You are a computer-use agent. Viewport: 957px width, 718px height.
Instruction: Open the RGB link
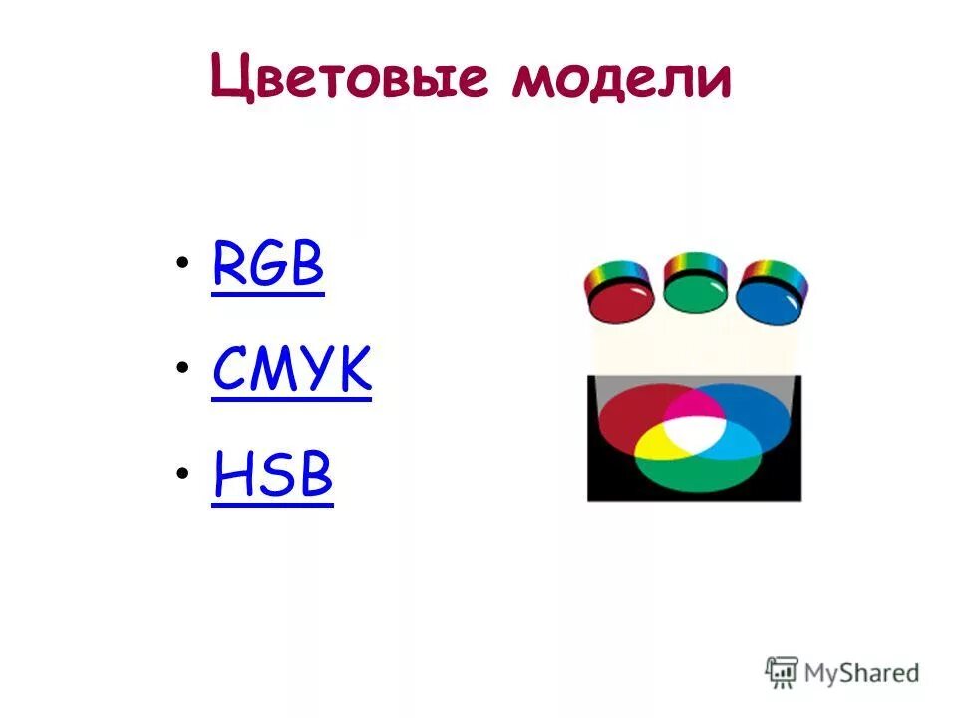coord(268,267)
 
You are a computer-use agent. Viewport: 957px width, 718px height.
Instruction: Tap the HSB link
coord(272,477)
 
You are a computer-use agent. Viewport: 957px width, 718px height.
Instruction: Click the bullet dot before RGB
coord(182,263)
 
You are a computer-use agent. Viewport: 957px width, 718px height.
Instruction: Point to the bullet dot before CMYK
coord(182,368)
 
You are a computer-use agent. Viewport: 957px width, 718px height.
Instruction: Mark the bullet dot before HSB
coord(182,473)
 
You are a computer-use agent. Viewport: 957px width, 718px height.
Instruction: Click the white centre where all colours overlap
coord(695,431)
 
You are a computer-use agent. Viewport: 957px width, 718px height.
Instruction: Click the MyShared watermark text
coord(861,673)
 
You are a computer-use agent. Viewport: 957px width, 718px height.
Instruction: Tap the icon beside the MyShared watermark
coord(782,671)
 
